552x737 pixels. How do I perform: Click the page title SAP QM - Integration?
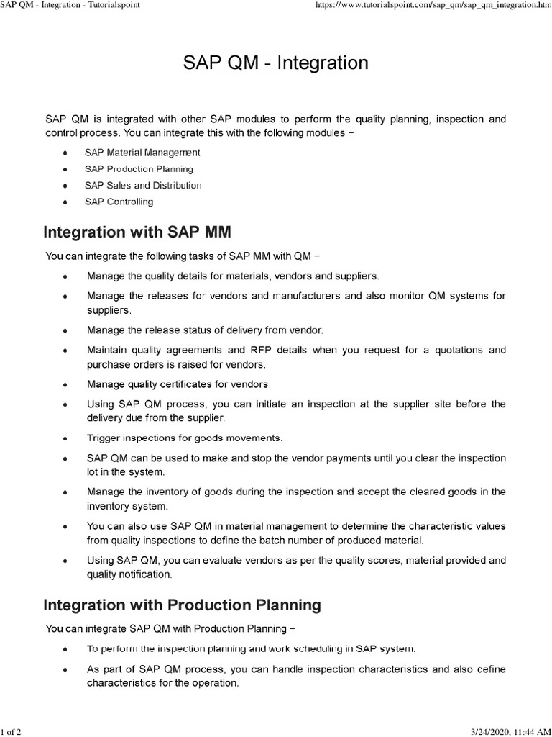pos(276,63)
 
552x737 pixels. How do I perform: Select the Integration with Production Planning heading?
pos(182,605)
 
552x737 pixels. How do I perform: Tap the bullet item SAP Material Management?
pos(142,153)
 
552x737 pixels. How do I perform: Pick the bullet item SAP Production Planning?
pos(139,169)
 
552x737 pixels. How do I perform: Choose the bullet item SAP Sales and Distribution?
pos(143,186)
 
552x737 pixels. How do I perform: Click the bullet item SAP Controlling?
pos(119,202)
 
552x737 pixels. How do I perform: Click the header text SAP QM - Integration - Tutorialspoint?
pos(70,5)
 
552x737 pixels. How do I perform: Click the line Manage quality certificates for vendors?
pos(178,384)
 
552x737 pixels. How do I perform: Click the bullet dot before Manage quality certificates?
pos(65,384)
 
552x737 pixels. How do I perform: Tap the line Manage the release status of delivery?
pos(205,330)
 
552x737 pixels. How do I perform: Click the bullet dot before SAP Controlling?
pos(65,203)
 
